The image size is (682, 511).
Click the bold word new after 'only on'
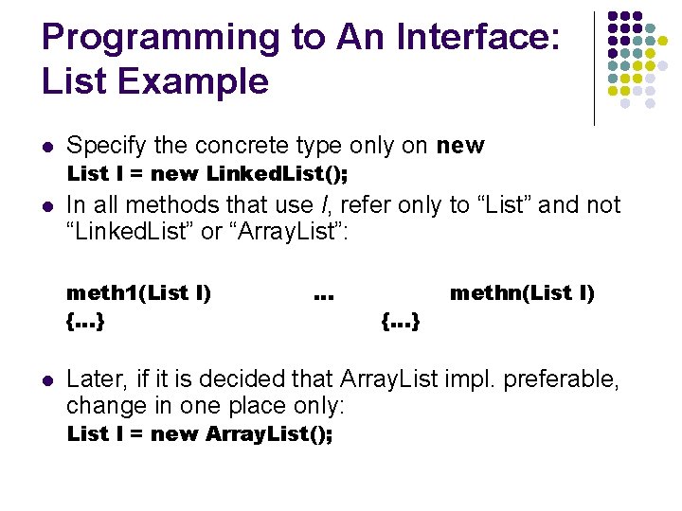click(460, 146)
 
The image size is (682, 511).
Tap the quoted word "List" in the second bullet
click(511, 204)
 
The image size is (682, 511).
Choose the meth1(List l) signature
click(138, 293)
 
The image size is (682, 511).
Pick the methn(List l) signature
click(522, 293)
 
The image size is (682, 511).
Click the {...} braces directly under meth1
click(85, 322)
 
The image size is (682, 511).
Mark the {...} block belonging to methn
click(401, 322)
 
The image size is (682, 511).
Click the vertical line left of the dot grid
click(594, 68)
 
